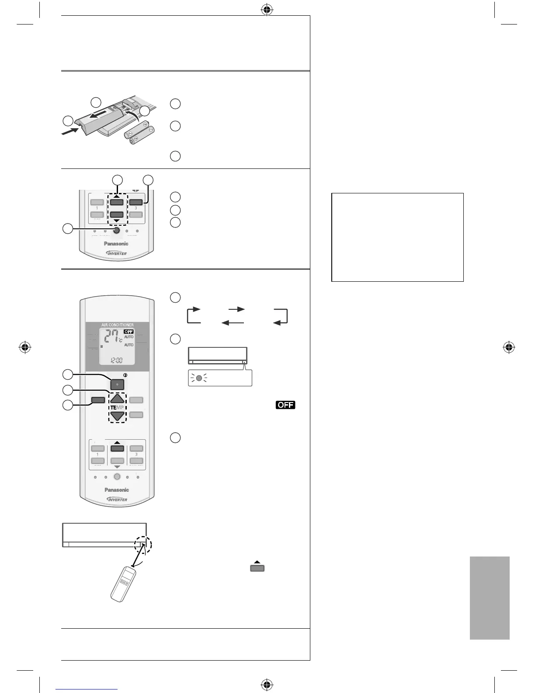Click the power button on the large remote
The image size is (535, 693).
117,385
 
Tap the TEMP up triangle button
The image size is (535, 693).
117,399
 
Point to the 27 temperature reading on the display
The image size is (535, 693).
109,338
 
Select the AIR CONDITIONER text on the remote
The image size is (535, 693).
118,325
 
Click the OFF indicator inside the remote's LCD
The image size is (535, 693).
129,332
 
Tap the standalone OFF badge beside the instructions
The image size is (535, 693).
285,405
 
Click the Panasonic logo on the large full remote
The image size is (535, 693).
117,490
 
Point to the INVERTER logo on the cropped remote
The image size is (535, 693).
117,253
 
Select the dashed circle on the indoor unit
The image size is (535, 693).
144,545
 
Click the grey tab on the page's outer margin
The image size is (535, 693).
490,598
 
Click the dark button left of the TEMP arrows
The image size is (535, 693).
98,399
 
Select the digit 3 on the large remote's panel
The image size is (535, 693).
136,455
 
